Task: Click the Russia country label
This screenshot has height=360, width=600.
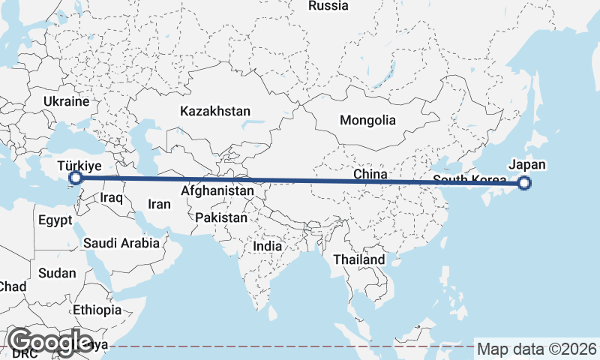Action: pyautogui.click(x=328, y=6)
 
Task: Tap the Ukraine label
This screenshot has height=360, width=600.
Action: pyautogui.click(x=66, y=101)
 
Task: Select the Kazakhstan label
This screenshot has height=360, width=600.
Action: pyautogui.click(x=215, y=111)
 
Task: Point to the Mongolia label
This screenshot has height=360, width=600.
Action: pyautogui.click(x=367, y=120)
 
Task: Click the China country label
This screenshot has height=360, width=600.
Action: pyautogui.click(x=370, y=174)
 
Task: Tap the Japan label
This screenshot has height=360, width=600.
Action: pyautogui.click(x=527, y=166)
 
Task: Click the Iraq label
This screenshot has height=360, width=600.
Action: pyautogui.click(x=111, y=197)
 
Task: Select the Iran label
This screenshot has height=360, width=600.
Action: pyautogui.click(x=159, y=203)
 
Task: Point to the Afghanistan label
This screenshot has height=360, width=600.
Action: pyautogui.click(x=217, y=191)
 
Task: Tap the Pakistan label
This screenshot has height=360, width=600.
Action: pyautogui.click(x=220, y=218)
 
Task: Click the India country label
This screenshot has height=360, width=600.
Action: pyautogui.click(x=268, y=245)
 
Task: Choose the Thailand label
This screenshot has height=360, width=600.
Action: pyautogui.click(x=359, y=259)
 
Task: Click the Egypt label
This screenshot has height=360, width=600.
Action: pyautogui.click(x=55, y=220)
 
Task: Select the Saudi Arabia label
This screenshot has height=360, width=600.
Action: pyautogui.click(x=121, y=242)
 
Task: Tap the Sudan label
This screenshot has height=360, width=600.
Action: pyautogui.click(x=57, y=273)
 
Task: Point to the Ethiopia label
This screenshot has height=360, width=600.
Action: pyautogui.click(x=97, y=310)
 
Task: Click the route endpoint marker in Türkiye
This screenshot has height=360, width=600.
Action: pyautogui.click(x=75, y=178)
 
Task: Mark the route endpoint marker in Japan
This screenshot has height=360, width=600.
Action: pyautogui.click(x=524, y=182)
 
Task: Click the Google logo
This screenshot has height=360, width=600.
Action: pyautogui.click(x=51, y=342)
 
